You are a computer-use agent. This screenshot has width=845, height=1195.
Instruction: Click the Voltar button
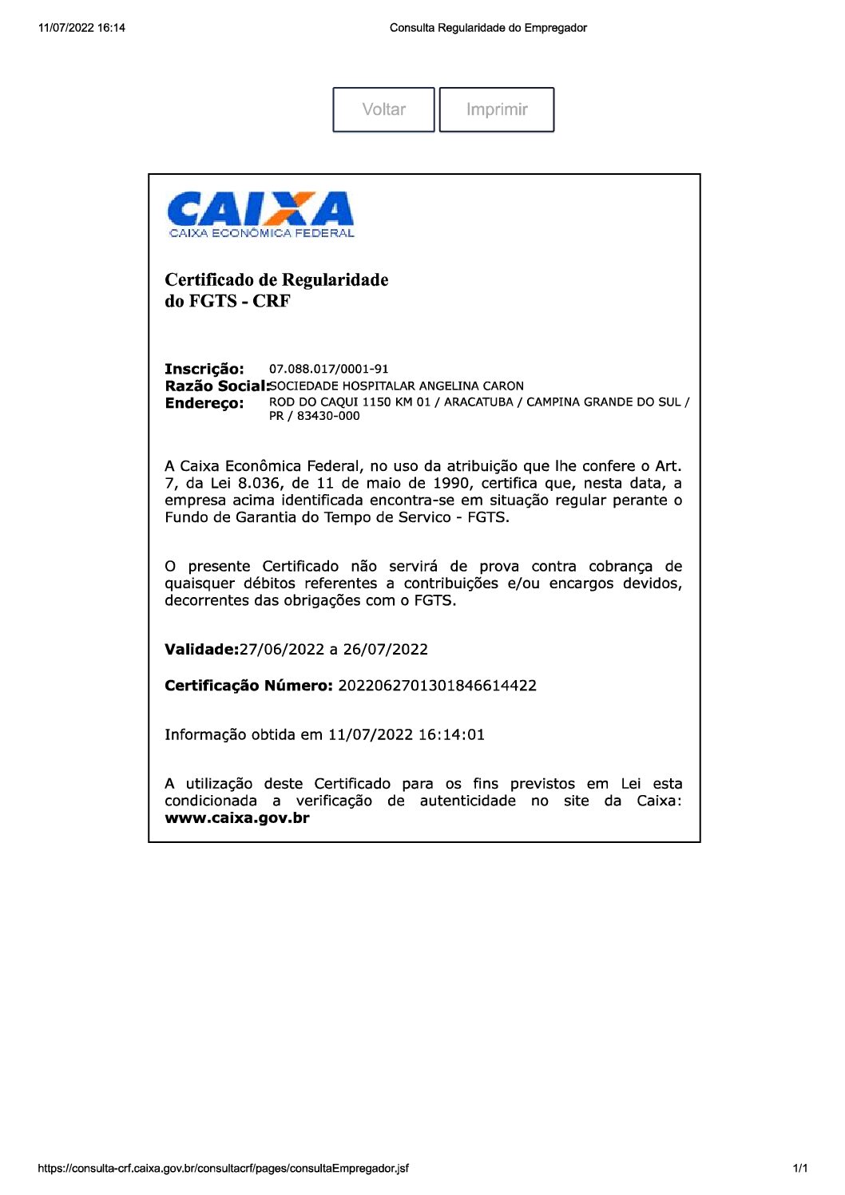click(x=383, y=109)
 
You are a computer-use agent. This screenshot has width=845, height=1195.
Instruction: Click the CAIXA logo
click(x=260, y=214)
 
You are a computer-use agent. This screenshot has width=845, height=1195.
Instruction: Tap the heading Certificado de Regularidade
click(x=276, y=280)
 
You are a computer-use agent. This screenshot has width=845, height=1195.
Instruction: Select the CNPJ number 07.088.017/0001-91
click(x=328, y=369)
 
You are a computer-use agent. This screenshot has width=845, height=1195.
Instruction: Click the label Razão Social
click(x=216, y=386)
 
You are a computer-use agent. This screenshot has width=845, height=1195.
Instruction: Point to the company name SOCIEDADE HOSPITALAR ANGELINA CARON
click(x=397, y=386)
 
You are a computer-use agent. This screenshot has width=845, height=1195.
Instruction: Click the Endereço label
click(x=204, y=403)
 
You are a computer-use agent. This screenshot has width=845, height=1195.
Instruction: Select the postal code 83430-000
click(x=328, y=416)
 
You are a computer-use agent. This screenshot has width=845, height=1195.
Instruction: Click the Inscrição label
click(x=204, y=369)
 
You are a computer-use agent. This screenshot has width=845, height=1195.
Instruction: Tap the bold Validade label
click(x=201, y=650)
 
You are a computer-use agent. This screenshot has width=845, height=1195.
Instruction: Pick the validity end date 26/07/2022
click(x=386, y=650)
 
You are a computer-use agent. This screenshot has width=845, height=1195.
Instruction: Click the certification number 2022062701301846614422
click(x=437, y=686)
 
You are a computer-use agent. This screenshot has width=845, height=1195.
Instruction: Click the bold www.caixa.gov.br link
click(x=236, y=818)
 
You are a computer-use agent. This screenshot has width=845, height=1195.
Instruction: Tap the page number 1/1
click(x=799, y=1169)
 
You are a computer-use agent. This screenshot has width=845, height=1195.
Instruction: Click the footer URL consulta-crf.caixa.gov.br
click(x=223, y=1169)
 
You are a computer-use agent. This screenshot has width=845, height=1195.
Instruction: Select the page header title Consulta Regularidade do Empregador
click(x=488, y=28)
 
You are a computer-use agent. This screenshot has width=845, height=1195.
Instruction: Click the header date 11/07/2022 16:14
click(x=81, y=28)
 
